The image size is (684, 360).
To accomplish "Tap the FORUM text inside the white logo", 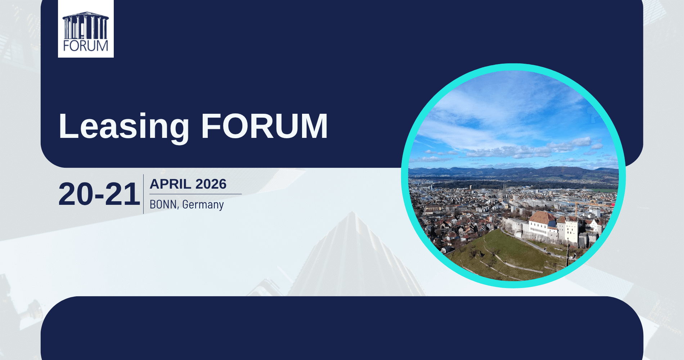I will coord(86,46).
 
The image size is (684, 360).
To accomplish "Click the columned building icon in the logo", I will coord(86,26).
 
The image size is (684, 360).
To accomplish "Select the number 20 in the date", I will coord(75,194).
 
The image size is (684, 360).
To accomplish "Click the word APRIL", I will coord(170,184).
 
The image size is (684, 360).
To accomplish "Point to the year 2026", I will coord(211,184).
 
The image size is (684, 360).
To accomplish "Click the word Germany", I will coord(203,204).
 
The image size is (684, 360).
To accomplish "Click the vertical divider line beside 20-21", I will coord(144,194).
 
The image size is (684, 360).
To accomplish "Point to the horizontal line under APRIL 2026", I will coord(195,194).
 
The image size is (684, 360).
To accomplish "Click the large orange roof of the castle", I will coord(542,217).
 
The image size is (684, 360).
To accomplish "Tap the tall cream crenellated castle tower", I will coord(571,231).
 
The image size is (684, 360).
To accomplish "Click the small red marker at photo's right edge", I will coord(613,205).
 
